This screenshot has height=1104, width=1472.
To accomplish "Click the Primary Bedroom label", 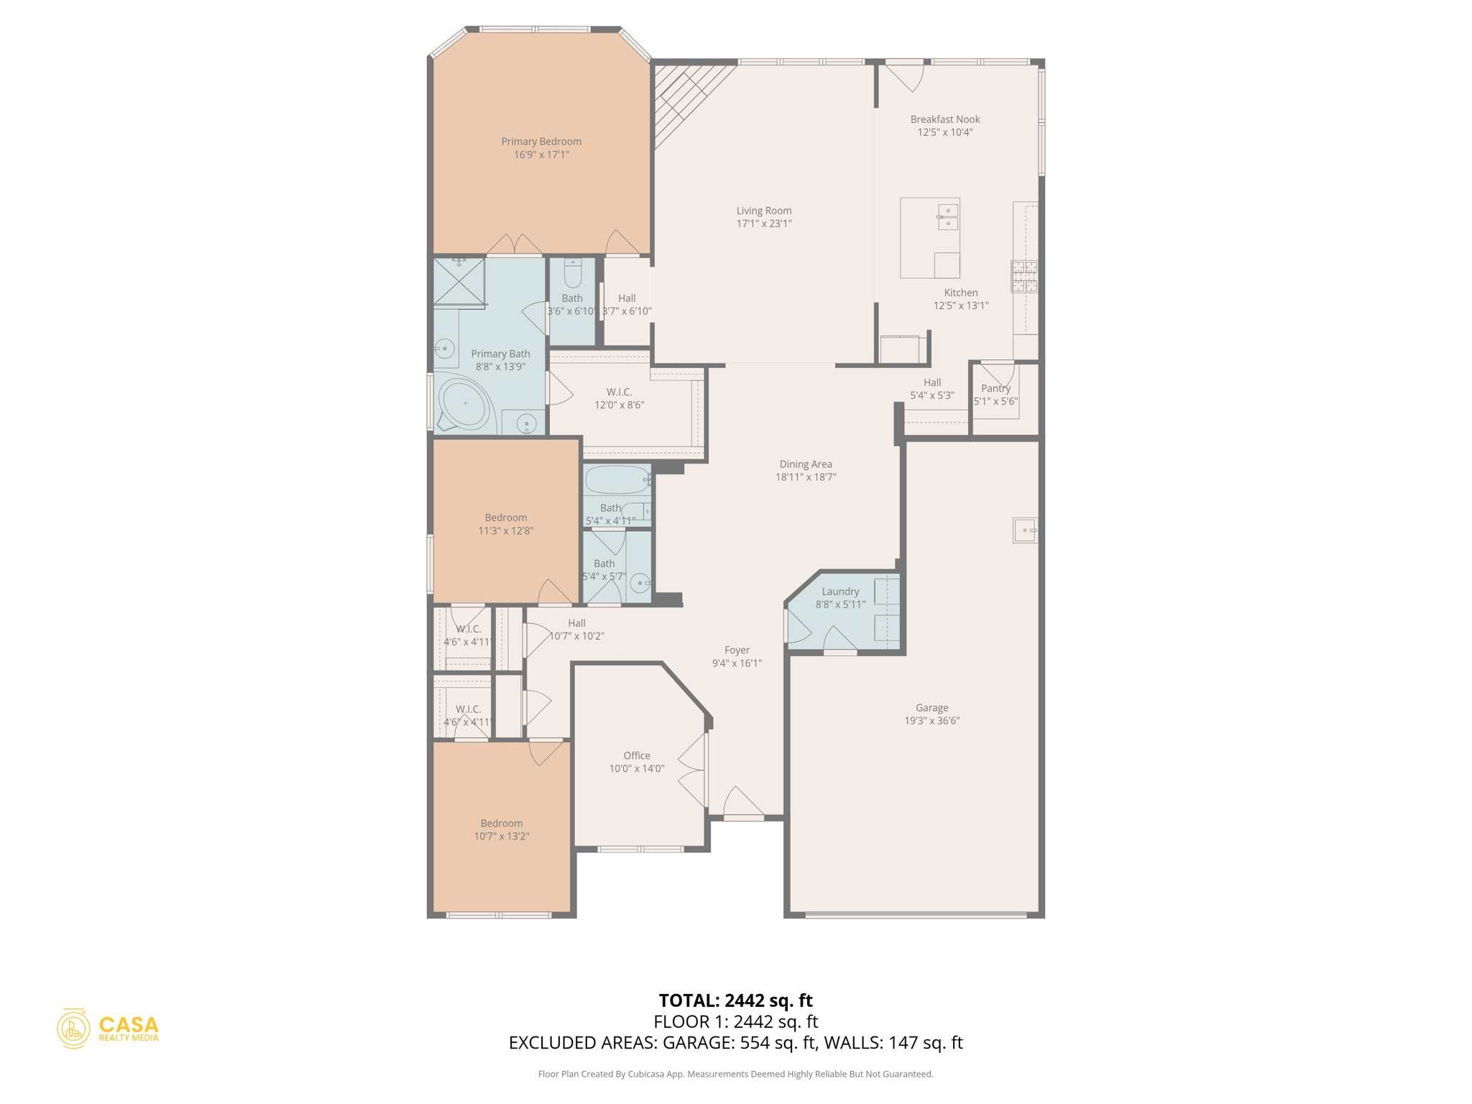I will pyautogui.click(x=541, y=142).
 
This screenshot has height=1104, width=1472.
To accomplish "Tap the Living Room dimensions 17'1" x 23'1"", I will pyautogui.click(x=763, y=224).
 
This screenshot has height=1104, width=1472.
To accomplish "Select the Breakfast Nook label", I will pyautogui.click(x=944, y=119).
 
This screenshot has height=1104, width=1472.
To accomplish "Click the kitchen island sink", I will pyautogui.click(x=947, y=217).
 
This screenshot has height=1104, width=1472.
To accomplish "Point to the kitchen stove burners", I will pyautogui.click(x=1025, y=277).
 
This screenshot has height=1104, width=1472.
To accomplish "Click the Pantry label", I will pyautogui.click(x=995, y=388).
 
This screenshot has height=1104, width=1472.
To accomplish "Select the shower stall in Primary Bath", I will pyautogui.click(x=459, y=282).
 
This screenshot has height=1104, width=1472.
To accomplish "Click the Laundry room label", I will pyautogui.click(x=840, y=592).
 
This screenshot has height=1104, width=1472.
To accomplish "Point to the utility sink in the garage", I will pyautogui.click(x=1025, y=530).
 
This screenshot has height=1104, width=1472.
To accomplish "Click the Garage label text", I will pyautogui.click(x=931, y=708).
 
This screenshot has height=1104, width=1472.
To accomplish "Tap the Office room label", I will pyautogui.click(x=637, y=755).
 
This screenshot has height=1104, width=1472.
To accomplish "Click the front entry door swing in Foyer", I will pyautogui.click(x=742, y=803).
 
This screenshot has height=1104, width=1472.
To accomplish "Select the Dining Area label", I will pyautogui.click(x=806, y=464).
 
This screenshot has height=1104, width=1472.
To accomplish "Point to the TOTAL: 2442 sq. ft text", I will pyautogui.click(x=735, y=1000).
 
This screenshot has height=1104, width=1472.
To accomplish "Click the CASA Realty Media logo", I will pyautogui.click(x=108, y=1029).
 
